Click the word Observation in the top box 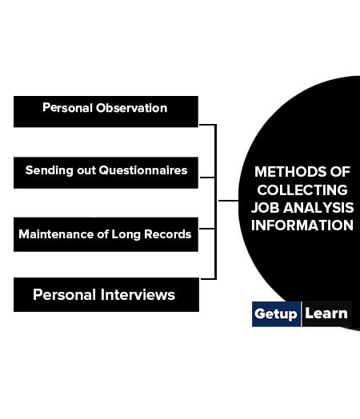[x=131, y=108]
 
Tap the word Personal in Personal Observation [x=68, y=108]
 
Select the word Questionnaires [x=143, y=170]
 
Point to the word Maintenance [x=56, y=234]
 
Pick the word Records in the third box [x=167, y=234]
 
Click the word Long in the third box [x=126, y=234]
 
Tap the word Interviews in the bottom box [x=138, y=295]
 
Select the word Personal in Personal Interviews [x=64, y=295]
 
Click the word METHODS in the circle [x=290, y=172]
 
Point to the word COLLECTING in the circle [x=302, y=190]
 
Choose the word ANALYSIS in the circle [x=318, y=208]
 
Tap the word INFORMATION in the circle [x=302, y=225]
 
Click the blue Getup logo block [x=276, y=314]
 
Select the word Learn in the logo [x=326, y=313]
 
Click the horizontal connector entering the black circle [x=229, y=201]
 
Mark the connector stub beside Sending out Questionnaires [x=207, y=178]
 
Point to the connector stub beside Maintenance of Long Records [x=207, y=229]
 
